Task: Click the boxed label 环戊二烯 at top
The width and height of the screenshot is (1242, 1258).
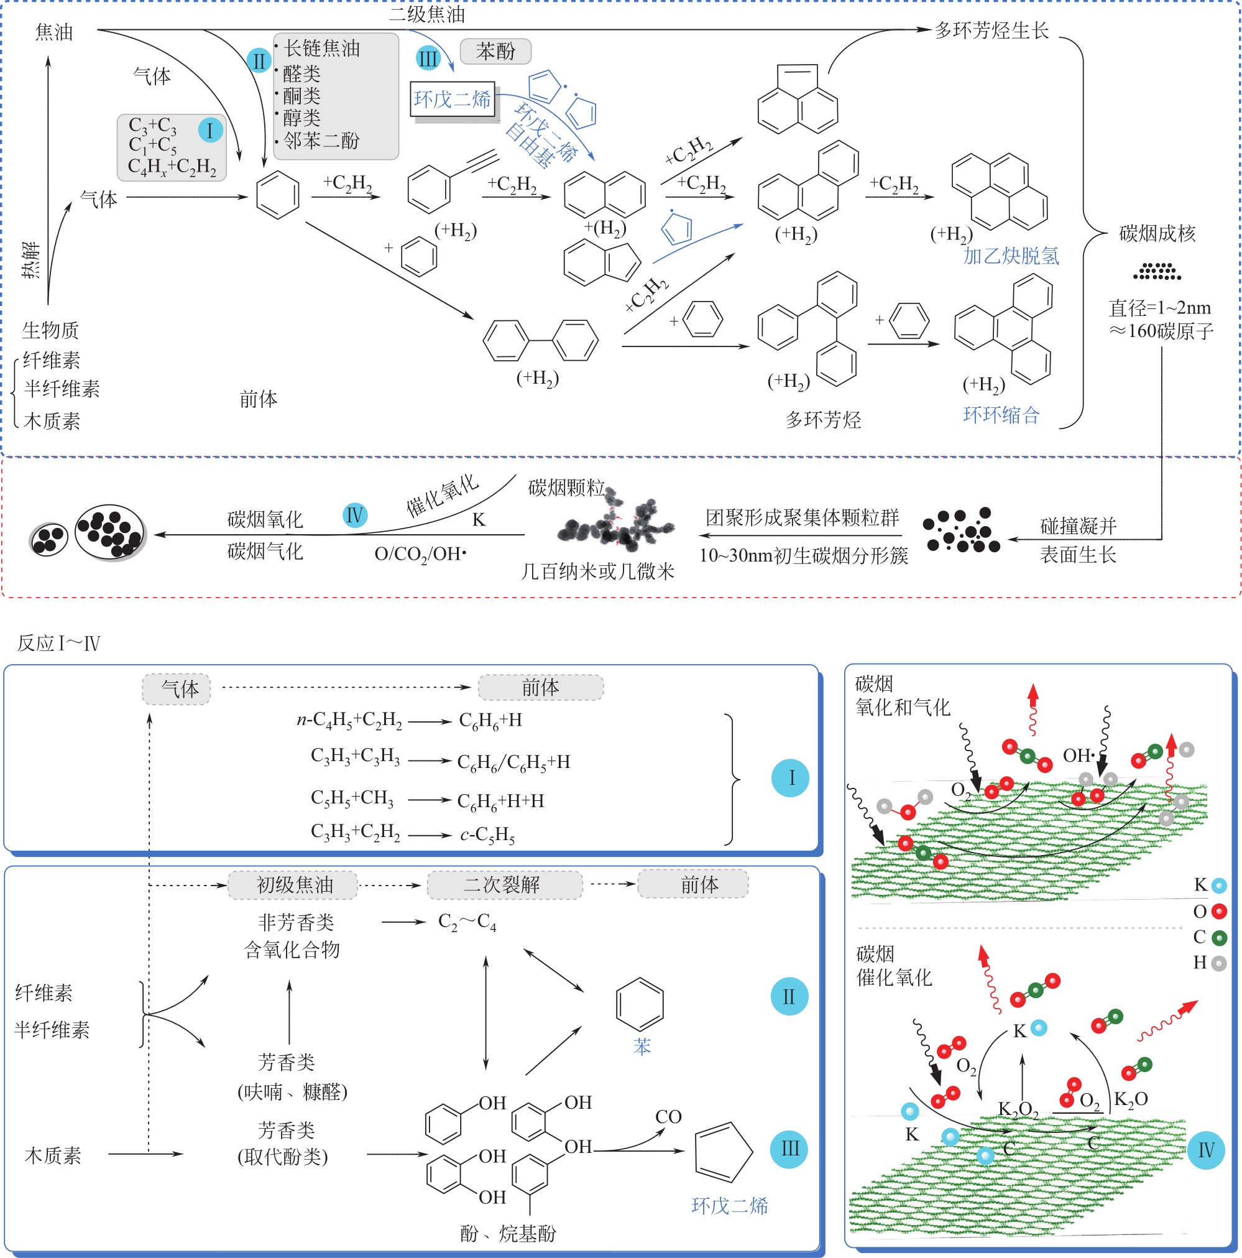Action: click(453, 99)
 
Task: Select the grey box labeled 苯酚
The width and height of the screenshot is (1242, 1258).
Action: click(495, 51)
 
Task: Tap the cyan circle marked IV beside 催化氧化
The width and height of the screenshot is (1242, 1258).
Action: click(355, 516)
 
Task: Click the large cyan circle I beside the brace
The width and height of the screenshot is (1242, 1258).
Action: click(790, 777)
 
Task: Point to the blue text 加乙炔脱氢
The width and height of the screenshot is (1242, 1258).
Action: click(1011, 256)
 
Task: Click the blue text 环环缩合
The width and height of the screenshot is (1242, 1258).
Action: click(1001, 415)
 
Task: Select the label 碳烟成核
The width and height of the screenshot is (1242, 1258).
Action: click(1157, 233)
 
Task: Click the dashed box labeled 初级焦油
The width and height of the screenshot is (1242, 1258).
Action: click(293, 885)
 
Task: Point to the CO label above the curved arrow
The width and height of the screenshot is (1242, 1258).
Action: click(668, 1117)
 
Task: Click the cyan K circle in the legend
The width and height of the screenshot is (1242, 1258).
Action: click(1219, 886)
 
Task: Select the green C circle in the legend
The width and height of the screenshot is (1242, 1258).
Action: click(1219, 938)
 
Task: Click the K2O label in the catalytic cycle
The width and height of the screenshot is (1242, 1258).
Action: click(1131, 1099)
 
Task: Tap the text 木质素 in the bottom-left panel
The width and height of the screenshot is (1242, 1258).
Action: click(53, 1156)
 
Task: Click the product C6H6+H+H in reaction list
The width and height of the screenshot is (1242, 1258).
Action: click(500, 801)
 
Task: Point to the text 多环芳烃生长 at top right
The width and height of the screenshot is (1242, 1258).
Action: click(991, 30)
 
